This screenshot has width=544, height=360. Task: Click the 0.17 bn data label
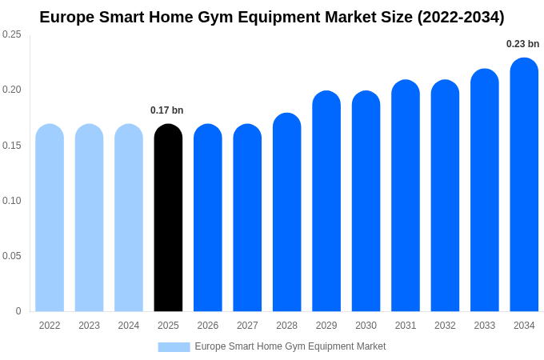(166, 110)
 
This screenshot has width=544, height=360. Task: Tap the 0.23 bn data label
(522, 44)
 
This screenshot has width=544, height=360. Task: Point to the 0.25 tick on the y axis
(12, 34)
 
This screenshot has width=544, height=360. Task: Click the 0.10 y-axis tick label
(12, 201)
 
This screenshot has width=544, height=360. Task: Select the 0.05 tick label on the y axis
(12, 256)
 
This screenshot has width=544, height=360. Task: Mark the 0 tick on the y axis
(18, 311)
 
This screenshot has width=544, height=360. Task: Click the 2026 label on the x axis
(207, 326)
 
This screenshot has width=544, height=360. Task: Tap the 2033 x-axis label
(484, 326)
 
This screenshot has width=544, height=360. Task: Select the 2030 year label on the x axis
(366, 326)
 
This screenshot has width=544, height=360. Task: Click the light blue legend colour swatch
(174, 347)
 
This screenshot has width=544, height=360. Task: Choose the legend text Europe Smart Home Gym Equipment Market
(290, 346)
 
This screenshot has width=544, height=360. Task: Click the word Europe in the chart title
(66, 17)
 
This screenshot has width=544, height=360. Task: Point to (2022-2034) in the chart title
(461, 17)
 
